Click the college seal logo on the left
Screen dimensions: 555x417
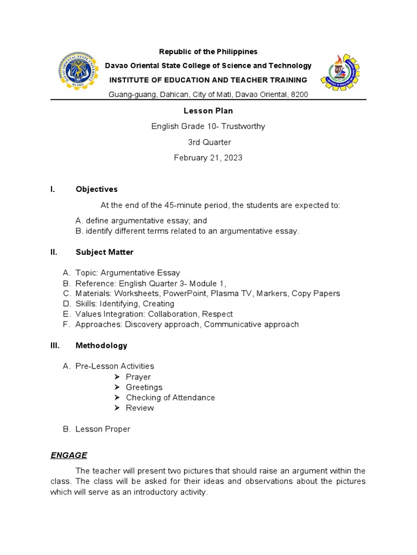[x=78, y=73]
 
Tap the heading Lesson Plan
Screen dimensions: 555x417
[x=208, y=111]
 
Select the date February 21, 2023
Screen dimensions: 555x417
[x=208, y=158]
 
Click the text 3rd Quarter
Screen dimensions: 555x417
[x=208, y=142]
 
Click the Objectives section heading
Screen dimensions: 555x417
[x=96, y=189]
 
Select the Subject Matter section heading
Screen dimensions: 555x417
[x=104, y=252]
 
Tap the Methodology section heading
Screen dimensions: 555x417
[x=101, y=345]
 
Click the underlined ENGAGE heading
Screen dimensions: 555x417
[x=69, y=455]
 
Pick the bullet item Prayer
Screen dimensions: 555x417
[x=138, y=377]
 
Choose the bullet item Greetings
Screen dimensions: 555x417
[x=144, y=387]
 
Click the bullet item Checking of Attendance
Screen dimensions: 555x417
[x=170, y=397]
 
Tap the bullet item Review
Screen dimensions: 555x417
[x=140, y=408]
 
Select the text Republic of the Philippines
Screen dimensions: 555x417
[x=208, y=51]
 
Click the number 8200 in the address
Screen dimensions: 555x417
[x=299, y=94]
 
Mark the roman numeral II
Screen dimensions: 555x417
[x=53, y=252]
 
